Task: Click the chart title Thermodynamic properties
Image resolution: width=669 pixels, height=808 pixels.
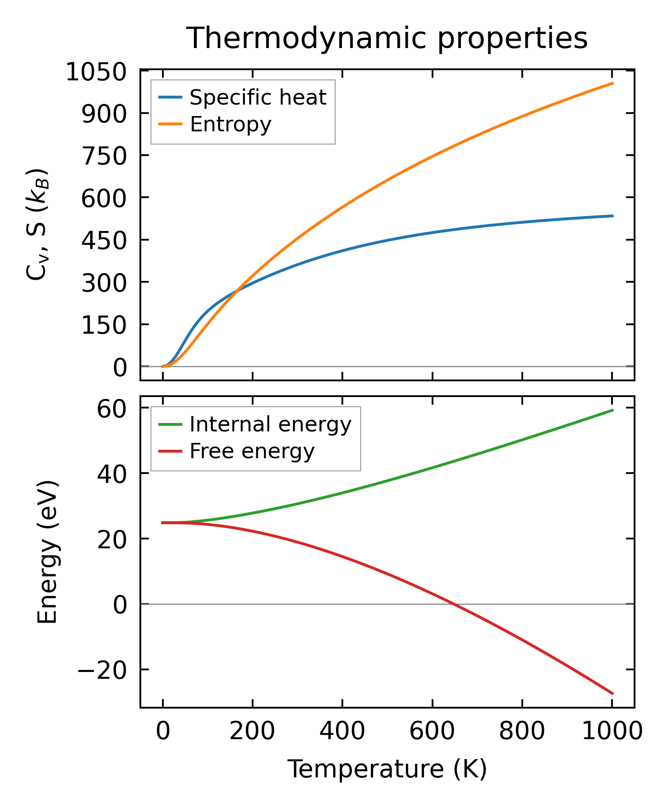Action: pyautogui.click(x=387, y=39)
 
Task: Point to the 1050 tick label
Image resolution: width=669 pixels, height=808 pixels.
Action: pyautogui.click(x=96, y=72)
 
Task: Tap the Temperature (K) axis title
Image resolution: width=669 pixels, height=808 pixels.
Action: pyautogui.click(x=387, y=769)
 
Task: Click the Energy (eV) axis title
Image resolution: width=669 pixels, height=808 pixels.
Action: pyautogui.click(x=47, y=552)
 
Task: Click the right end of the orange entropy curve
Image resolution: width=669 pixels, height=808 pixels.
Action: pyautogui.click(x=612, y=83)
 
